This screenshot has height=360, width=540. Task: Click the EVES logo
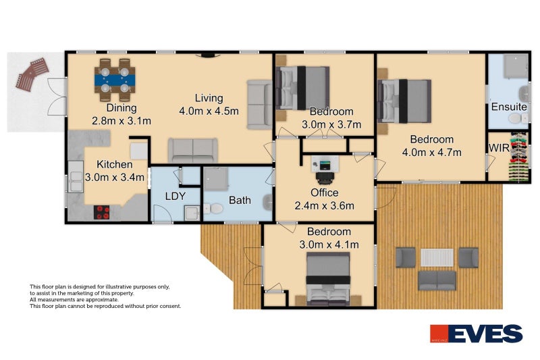tap(477, 334)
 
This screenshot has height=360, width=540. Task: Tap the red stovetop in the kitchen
tap(102, 212)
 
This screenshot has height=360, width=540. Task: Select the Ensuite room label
tap(509, 107)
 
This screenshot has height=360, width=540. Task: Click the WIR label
tap(499, 148)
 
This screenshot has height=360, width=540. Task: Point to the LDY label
tap(175, 196)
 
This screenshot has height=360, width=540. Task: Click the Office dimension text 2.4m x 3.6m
tap(324, 205)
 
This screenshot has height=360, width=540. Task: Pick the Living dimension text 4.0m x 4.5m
tap(209, 111)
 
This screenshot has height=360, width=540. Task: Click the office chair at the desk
tap(325, 178)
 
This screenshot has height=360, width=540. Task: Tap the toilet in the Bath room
tap(213, 209)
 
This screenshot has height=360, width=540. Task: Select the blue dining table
tap(115, 80)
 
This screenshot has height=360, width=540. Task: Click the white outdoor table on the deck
tap(437, 257)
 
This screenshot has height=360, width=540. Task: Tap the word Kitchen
tap(114, 164)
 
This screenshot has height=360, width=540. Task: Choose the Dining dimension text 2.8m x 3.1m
tap(122, 121)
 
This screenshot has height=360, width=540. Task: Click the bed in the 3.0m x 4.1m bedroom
tap(328, 279)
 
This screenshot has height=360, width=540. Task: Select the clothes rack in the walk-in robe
tap(518, 157)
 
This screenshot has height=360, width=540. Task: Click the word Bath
tap(240, 200)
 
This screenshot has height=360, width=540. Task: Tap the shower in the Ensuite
tap(515, 66)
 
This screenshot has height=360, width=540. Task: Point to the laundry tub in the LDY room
tap(192, 213)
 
